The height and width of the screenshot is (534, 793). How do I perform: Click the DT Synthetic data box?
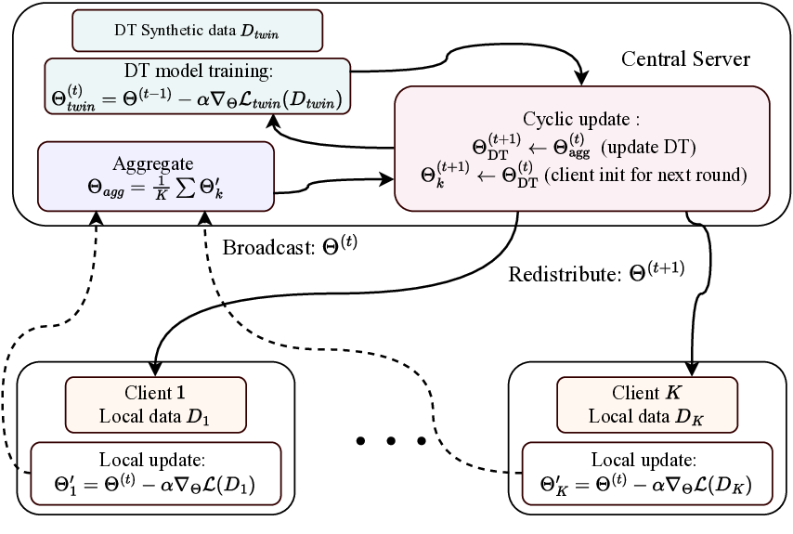(197, 30)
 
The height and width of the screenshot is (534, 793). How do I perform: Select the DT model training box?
(197, 87)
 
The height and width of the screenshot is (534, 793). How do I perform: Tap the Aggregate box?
(155, 175)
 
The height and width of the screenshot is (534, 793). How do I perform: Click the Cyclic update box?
(581, 148)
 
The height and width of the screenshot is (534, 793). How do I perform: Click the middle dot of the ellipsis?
(391, 439)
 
